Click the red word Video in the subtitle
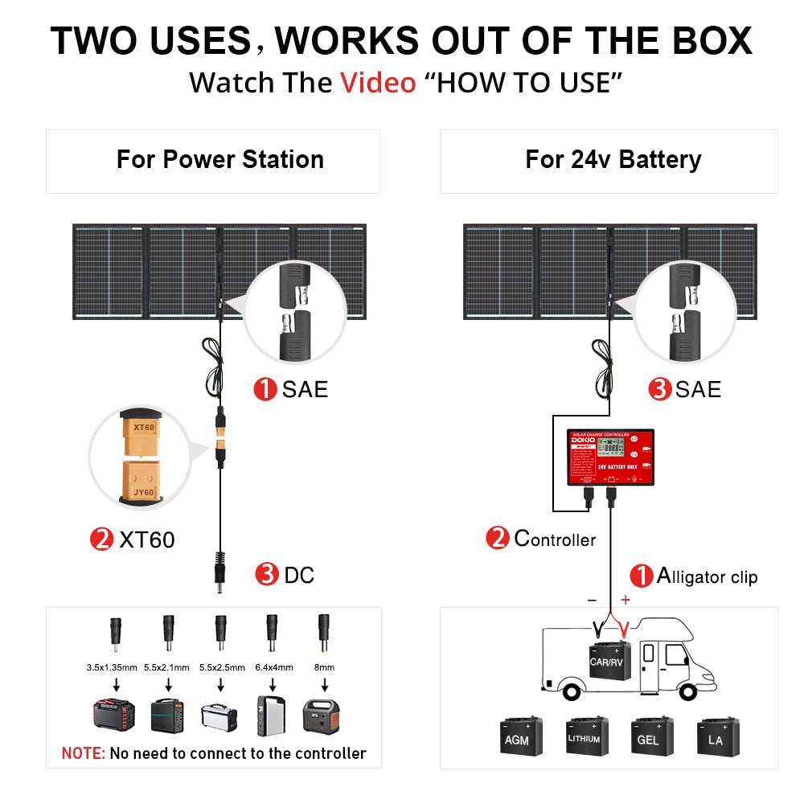coord(378,83)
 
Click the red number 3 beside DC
coord(266,574)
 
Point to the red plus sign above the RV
coord(626,600)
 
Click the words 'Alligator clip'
coord(708,576)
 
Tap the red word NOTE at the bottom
coord(84,753)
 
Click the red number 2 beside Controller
coord(497,538)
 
